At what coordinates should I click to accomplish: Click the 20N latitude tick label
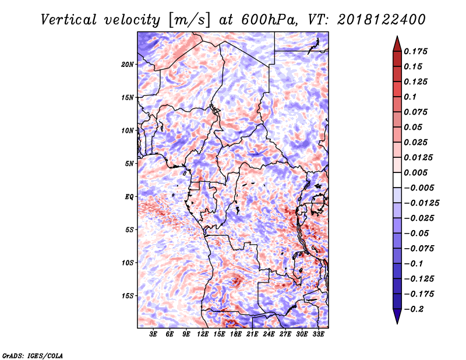coord(128,65)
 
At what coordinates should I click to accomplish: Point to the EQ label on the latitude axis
coord(129,197)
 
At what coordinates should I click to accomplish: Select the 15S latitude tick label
coord(128,296)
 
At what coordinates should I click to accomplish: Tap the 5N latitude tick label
coord(129,164)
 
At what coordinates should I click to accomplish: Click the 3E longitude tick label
coord(153,334)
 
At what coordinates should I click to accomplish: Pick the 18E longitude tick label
coord(236,334)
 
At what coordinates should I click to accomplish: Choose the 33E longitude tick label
coord(318,334)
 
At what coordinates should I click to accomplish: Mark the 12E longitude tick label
coord(203,334)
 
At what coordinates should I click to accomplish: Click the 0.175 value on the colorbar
coord(415,51)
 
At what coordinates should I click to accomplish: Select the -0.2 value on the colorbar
coord(414,309)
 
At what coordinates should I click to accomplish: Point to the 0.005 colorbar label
coord(415,172)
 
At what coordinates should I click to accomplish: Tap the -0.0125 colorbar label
coord(421,203)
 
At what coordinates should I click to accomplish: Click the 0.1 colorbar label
coord(410,97)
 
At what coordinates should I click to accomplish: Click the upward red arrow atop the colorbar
coord(397,44)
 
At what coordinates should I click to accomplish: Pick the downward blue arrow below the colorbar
coord(397,316)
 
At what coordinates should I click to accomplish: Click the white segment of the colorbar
coord(397,180)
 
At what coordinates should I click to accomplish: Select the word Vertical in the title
coord(69,20)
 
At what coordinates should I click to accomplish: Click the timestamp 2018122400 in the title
coord(381,20)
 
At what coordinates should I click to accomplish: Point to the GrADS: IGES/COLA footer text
coord(33,355)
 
